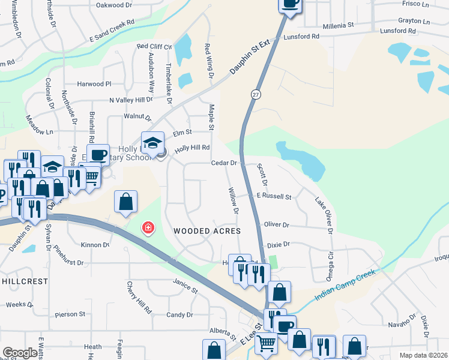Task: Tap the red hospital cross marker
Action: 147,228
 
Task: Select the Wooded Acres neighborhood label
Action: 206,231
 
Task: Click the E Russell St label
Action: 274,196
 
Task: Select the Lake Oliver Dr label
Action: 323,211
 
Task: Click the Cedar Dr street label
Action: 225,163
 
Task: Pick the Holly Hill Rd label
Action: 192,148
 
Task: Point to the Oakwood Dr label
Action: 113,5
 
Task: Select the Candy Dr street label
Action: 179,314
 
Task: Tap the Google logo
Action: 20,353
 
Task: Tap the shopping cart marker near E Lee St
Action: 266,343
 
